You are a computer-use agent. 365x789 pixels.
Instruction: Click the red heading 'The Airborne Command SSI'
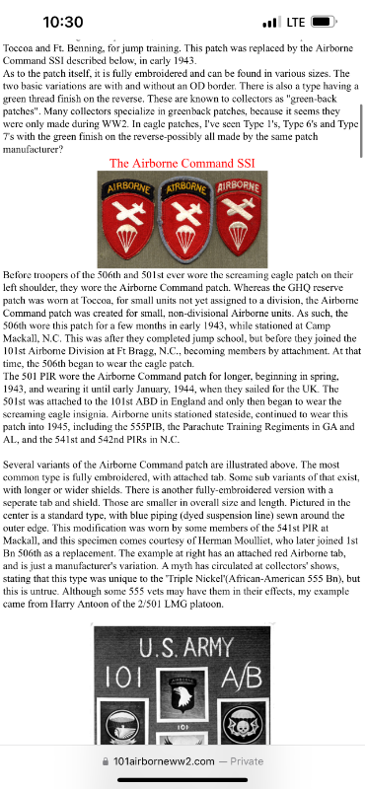pyautogui.click(x=182, y=164)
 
